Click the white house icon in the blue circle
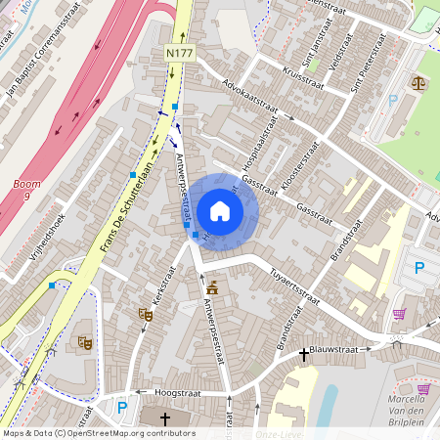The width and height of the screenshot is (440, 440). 220,211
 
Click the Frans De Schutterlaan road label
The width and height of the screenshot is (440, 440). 128,200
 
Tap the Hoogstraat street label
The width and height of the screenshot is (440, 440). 176,392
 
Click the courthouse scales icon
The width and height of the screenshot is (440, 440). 419,83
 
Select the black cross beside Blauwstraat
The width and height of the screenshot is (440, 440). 304,353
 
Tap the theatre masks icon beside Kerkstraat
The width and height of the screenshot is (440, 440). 146,314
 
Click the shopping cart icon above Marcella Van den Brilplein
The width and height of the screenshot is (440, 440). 399,314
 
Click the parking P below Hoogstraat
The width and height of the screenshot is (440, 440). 122,407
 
